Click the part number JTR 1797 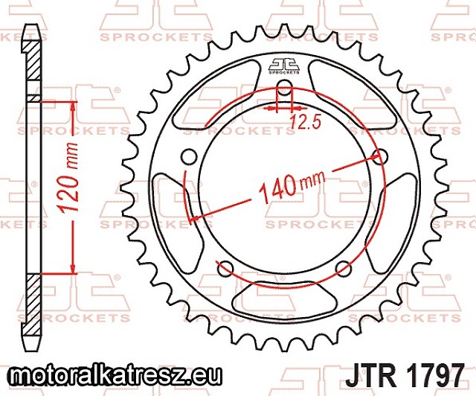point(405,374)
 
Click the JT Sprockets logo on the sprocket point(284,66)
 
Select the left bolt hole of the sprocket point(189,156)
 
